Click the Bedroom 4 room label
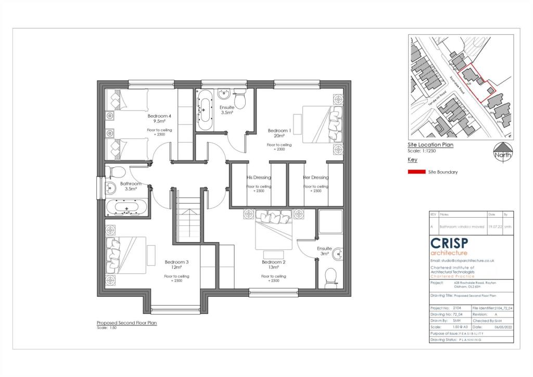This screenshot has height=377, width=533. (159, 116)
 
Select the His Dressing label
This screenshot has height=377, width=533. (259, 178)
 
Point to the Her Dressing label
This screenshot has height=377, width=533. (316, 178)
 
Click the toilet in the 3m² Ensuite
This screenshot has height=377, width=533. (331, 277)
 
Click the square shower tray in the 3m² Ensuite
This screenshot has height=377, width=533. (330, 222)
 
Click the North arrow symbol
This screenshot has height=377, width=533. (503, 152)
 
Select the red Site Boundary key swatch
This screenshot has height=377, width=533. (416, 172)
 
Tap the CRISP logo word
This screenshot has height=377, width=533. (449, 243)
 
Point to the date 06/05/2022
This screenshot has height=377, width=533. (495, 326)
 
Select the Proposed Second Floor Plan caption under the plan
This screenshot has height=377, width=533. (126, 323)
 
